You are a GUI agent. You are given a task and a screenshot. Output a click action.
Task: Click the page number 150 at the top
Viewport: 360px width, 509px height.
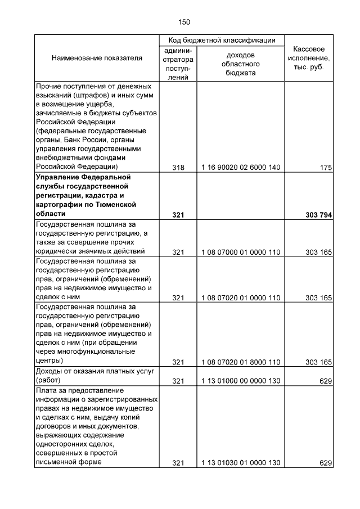184,22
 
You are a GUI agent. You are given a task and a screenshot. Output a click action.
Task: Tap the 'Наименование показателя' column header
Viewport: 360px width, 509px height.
97,58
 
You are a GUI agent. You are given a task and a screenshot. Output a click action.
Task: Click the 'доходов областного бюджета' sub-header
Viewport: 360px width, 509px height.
241,64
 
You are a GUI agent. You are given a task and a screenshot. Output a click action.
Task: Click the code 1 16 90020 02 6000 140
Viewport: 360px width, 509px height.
241,168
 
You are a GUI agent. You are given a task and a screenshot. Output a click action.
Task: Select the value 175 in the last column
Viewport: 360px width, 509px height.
326,168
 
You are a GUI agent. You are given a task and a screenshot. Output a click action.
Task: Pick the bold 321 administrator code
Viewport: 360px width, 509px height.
178,214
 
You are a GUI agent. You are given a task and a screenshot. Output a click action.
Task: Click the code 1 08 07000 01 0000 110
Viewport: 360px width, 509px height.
241,251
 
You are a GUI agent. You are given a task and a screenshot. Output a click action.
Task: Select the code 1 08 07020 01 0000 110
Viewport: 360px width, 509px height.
241,298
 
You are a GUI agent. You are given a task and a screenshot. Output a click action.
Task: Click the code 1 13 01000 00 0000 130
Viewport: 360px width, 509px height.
241,381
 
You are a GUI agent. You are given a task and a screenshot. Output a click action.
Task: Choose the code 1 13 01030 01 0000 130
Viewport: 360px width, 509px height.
241,463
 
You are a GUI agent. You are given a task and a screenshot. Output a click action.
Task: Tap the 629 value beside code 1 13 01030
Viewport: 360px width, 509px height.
326,463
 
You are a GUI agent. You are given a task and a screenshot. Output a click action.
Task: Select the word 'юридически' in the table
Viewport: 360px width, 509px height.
55,251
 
